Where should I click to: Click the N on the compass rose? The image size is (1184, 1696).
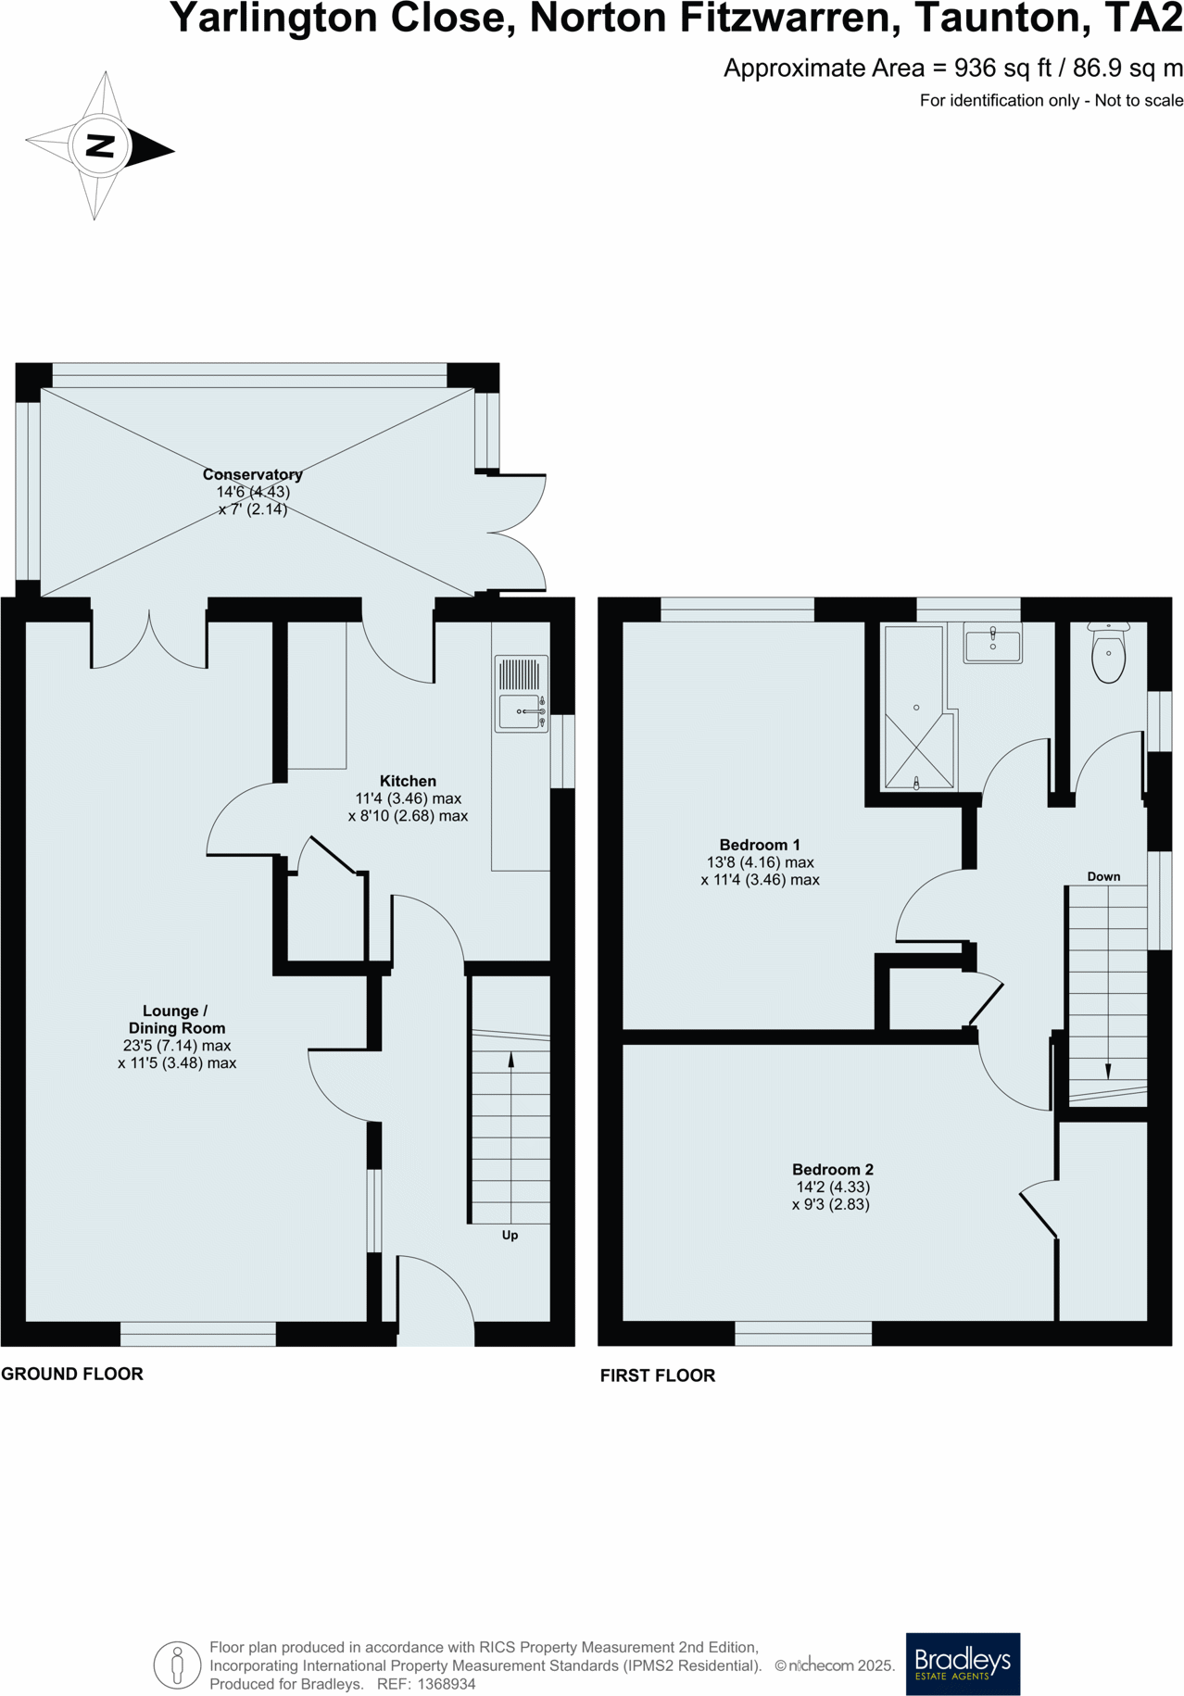(x=99, y=145)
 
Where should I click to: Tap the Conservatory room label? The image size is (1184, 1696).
(x=252, y=474)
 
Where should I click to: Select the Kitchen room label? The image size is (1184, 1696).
(x=408, y=781)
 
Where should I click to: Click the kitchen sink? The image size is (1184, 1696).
(x=521, y=710)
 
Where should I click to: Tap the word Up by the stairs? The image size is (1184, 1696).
(x=510, y=1235)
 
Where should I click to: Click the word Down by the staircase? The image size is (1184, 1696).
(x=1103, y=876)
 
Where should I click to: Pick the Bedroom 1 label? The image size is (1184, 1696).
(x=759, y=845)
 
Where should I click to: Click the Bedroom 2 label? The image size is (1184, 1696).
(x=832, y=1169)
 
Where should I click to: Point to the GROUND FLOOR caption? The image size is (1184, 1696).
(x=72, y=1374)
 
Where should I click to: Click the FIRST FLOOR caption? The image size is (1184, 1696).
(x=657, y=1376)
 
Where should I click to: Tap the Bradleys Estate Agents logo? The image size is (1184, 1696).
(x=962, y=1664)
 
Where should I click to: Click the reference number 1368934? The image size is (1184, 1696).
(x=447, y=1684)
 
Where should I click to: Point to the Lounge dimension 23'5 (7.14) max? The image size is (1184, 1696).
(x=176, y=1046)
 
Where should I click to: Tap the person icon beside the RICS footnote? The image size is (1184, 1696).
(x=177, y=1665)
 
